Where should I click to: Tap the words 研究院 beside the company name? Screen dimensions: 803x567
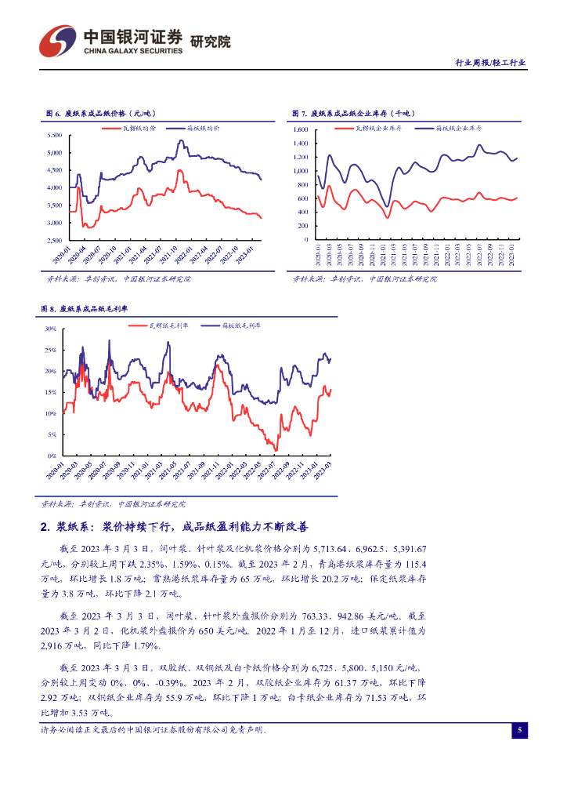[x=211, y=42]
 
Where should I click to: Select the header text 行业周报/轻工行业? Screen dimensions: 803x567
[x=490, y=63]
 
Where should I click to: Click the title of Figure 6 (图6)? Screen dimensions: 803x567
[x=96, y=114]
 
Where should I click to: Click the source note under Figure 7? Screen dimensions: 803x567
[x=365, y=278]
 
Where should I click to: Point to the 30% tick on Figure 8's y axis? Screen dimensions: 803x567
[x=49, y=329]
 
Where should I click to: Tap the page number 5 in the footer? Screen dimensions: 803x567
[x=519, y=730]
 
